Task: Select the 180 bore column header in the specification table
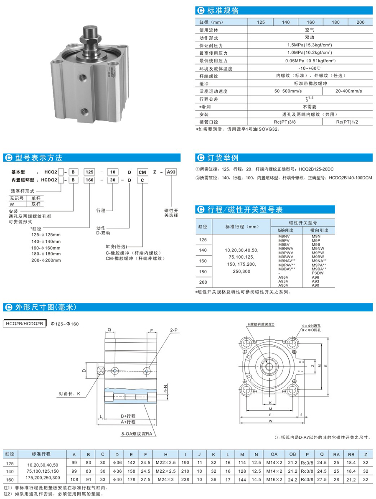[335, 22]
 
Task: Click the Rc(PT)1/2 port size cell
[347, 122]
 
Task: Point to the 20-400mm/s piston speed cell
[347, 91]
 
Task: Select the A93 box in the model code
[172, 171]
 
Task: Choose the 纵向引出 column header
[286, 230]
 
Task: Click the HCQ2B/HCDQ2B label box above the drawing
[25, 323]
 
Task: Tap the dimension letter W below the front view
[271, 422]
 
